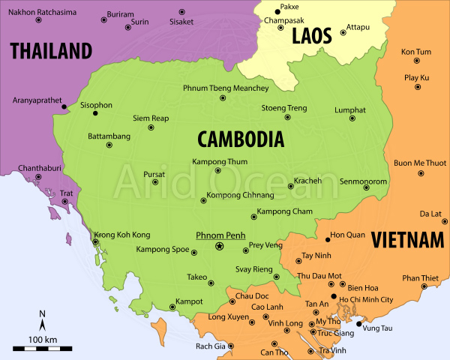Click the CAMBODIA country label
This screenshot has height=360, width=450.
tap(240, 139)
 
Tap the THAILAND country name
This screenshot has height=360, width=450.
tap(50, 51)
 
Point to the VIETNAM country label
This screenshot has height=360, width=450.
tap(406, 240)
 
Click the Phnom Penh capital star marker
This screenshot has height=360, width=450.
tap(219, 246)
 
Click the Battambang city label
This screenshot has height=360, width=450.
tap(109, 136)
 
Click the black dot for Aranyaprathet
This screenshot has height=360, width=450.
tap(64, 106)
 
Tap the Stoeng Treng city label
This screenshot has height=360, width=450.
tap(283, 108)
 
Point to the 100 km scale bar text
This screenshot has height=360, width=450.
tap(43, 340)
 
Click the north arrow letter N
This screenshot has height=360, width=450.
tap(43, 313)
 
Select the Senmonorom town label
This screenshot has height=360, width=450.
tap(363, 181)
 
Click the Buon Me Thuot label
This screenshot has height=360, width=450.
tap(420, 163)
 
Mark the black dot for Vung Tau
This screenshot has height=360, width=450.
tap(358, 324)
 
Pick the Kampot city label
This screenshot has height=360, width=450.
tap(189, 301)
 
